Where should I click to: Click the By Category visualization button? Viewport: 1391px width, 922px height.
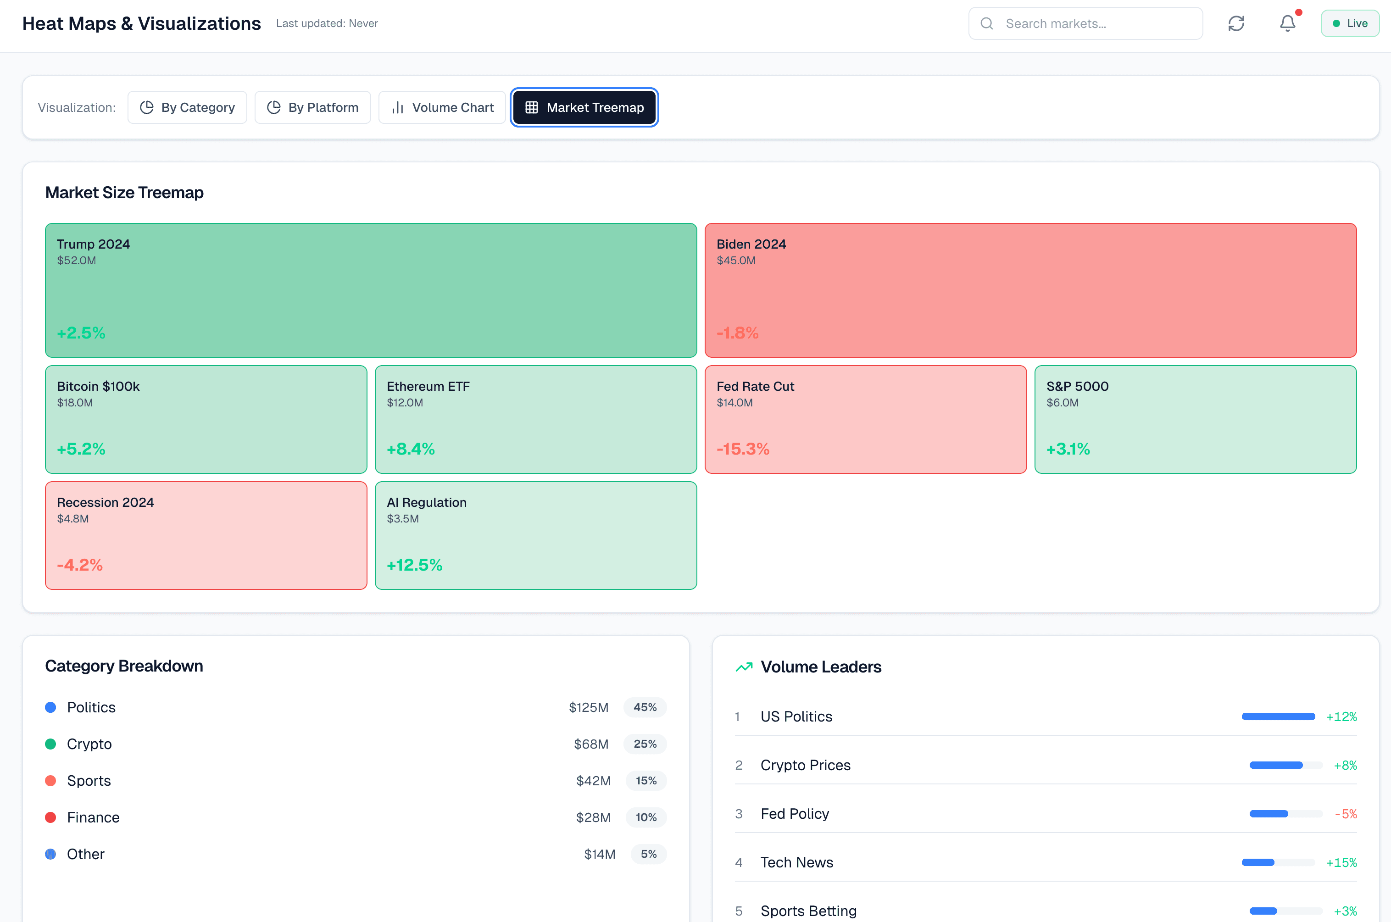tap(187, 108)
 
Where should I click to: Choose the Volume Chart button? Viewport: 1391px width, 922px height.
tap(442, 108)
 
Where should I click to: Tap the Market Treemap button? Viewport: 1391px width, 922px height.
tap(584, 108)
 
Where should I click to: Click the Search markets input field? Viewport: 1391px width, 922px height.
tap(1094, 23)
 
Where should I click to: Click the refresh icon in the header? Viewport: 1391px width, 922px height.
tap(1236, 23)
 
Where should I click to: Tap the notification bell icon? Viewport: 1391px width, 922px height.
tap(1287, 23)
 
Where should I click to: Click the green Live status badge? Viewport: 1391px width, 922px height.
tap(1349, 23)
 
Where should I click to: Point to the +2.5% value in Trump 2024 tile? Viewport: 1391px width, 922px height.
tap(81, 333)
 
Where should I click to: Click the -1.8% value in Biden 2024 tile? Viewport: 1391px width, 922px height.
tap(737, 333)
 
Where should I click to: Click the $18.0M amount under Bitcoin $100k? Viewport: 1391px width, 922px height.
tap(75, 403)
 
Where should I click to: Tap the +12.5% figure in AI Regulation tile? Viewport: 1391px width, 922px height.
tap(414, 565)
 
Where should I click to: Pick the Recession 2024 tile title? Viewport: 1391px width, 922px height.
tap(105, 502)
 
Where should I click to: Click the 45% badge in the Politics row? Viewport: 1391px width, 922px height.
tap(645, 707)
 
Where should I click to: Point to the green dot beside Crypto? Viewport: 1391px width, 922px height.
tap(50, 744)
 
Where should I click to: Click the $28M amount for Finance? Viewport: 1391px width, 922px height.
tap(593, 817)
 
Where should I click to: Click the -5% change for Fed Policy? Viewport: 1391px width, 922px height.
tap(1345, 814)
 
